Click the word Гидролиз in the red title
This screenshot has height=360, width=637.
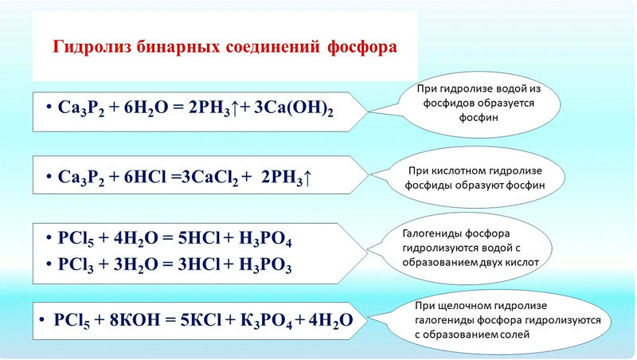point(92,47)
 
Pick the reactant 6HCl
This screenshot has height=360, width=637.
point(145,177)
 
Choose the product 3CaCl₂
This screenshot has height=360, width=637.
point(209,178)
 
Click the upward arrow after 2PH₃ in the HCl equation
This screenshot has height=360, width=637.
point(307,178)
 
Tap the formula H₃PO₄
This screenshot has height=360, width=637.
point(265,239)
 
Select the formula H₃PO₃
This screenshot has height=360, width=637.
point(265,265)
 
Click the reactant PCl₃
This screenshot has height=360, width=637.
point(76,265)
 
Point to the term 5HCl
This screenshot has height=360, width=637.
point(199,238)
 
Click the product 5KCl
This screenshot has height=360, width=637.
point(201,320)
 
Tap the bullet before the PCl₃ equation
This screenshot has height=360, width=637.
point(49,264)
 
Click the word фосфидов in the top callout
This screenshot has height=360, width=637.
point(448,104)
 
